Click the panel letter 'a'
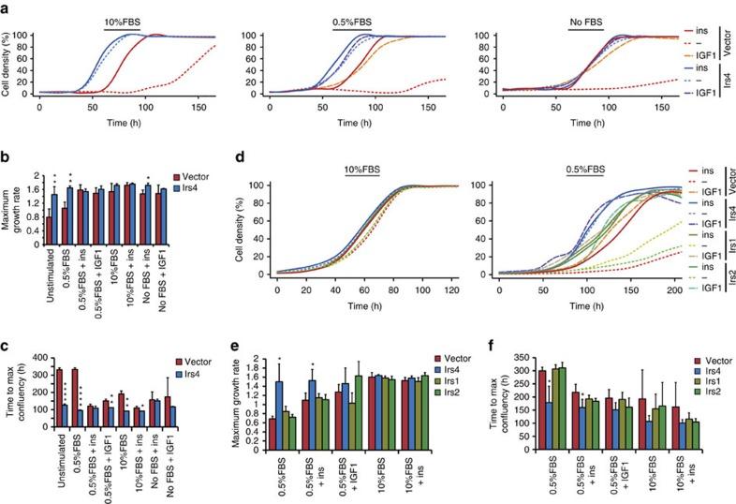7,7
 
